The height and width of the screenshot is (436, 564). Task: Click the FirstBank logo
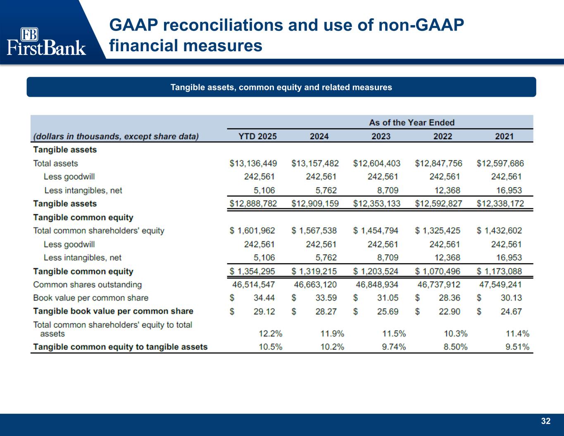coord(46,42)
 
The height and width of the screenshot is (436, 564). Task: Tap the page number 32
coord(546,421)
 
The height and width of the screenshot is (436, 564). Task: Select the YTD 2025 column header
coord(258,136)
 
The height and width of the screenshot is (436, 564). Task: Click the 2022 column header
coord(443,136)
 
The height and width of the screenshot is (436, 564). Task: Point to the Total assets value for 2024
coord(315,163)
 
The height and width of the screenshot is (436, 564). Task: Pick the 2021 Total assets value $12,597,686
coord(500,163)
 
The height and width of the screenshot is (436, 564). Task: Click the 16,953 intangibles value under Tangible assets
coord(509,191)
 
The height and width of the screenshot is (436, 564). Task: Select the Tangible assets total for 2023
coord(376,204)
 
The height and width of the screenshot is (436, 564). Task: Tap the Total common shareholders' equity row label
coord(98,231)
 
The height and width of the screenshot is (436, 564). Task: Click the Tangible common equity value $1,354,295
coord(252,272)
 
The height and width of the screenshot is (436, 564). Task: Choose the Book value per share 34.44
coord(264,298)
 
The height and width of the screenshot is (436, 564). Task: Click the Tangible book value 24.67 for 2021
coord(511,312)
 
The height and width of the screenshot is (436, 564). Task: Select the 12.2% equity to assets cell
coord(271,334)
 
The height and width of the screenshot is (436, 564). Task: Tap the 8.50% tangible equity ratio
coord(455,347)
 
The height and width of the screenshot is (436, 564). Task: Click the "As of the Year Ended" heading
coord(412,123)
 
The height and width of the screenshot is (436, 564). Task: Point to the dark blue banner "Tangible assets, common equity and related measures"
coord(281,87)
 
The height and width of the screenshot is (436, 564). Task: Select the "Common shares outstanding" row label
coord(87,285)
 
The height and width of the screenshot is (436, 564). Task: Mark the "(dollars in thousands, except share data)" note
coord(116,136)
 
